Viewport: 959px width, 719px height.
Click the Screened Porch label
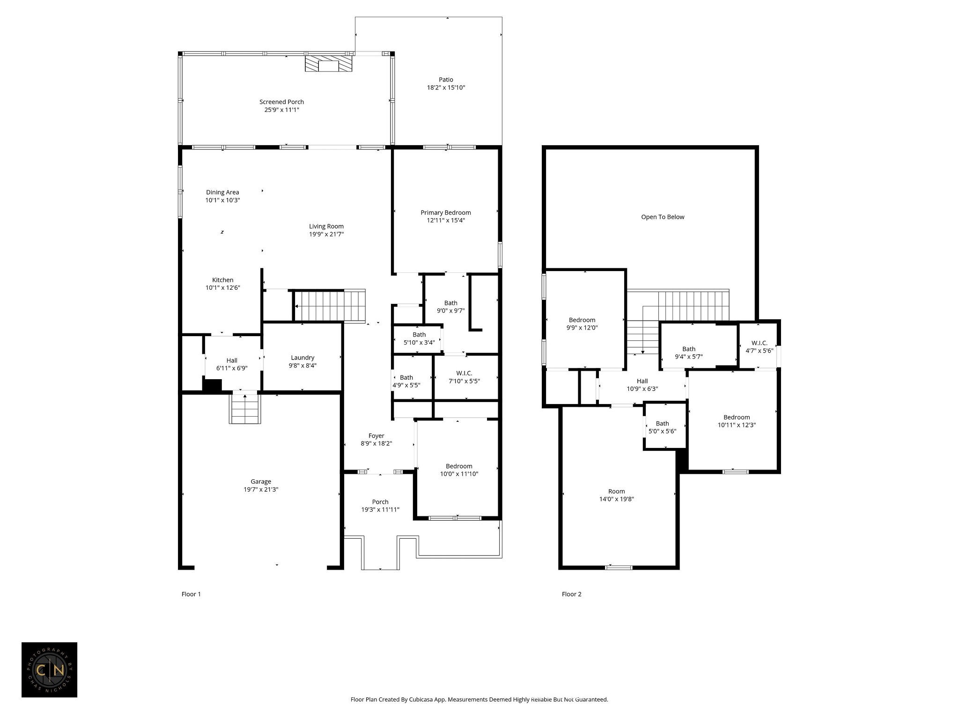281,102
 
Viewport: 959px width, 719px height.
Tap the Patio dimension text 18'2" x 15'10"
446,88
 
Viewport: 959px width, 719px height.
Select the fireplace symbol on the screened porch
328,65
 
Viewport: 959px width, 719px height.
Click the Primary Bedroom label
445,213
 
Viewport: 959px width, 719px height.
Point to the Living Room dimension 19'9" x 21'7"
326,234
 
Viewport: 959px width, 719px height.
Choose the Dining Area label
222,192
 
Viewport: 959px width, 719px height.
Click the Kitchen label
222,280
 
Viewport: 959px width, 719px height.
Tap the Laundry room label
302,358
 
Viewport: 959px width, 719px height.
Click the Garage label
261,482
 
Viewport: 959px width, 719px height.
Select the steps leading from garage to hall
244,409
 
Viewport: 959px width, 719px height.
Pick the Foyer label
376,436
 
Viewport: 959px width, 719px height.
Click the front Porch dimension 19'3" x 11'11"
380,510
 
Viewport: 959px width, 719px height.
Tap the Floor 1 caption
191,594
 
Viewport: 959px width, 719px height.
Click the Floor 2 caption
571,594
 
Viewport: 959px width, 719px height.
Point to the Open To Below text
663,217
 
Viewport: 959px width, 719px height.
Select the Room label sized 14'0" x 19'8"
616,492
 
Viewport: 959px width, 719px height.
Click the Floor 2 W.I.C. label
759,343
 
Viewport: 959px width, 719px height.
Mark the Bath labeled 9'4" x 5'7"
688,349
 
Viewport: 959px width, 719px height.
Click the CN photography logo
49,670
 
